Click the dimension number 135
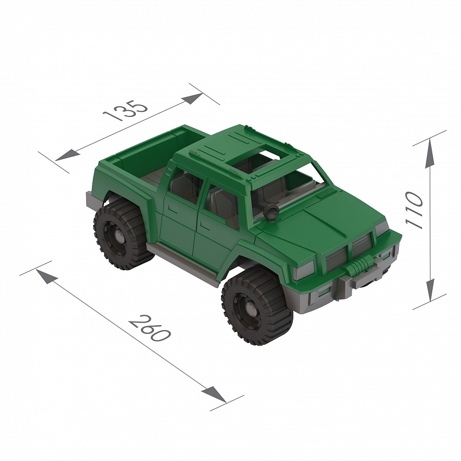(x=126, y=111)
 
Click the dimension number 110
(x=414, y=210)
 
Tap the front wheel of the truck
(x=257, y=306)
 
